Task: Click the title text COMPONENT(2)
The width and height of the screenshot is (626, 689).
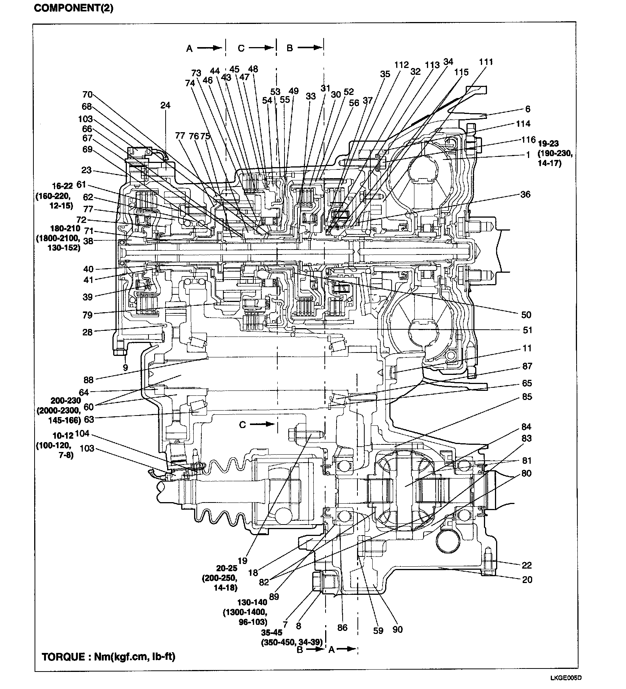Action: pyautogui.click(x=73, y=8)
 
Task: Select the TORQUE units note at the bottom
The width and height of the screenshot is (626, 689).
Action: pyautogui.click(x=109, y=656)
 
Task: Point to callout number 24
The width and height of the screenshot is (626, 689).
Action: pyautogui.click(x=165, y=105)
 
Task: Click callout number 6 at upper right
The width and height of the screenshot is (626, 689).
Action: pyautogui.click(x=528, y=109)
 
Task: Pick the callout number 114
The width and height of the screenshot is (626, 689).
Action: pyautogui.click(x=523, y=123)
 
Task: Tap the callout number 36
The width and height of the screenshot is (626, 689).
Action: pyautogui.click(x=525, y=194)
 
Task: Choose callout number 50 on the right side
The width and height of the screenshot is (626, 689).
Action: pyautogui.click(x=526, y=315)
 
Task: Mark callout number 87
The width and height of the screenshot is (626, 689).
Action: pyautogui.click(x=527, y=366)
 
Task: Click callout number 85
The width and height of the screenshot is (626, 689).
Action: pyautogui.click(x=527, y=397)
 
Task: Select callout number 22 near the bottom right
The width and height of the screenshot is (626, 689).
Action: pyautogui.click(x=526, y=565)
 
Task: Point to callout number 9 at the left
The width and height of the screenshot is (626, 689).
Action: pyautogui.click(x=125, y=367)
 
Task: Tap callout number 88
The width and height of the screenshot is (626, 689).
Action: pyautogui.click(x=88, y=379)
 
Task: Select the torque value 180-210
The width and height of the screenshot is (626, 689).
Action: pyautogui.click(x=66, y=228)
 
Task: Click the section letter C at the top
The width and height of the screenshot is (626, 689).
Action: pyautogui.click(x=241, y=48)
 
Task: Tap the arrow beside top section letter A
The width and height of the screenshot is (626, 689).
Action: pyautogui.click(x=209, y=48)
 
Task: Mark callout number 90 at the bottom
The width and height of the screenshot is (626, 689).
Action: pyautogui.click(x=397, y=629)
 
